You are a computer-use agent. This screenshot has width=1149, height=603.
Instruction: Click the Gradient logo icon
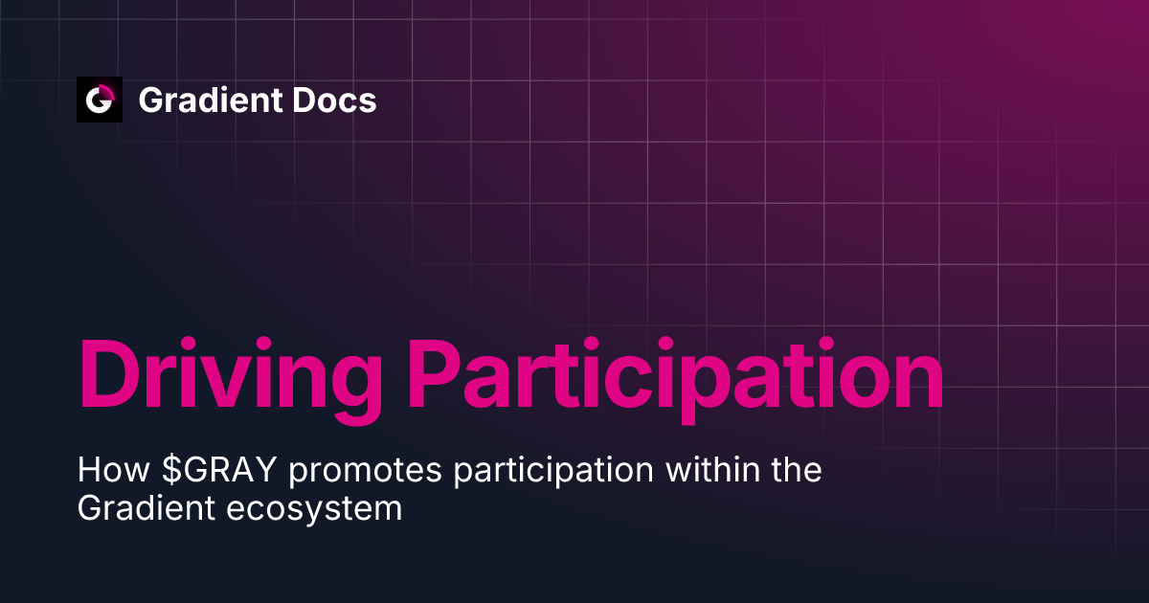pos(100,100)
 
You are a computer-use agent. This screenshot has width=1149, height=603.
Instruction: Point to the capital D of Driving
pos(109,373)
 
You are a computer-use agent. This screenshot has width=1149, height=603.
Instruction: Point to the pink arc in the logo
pos(106,92)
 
